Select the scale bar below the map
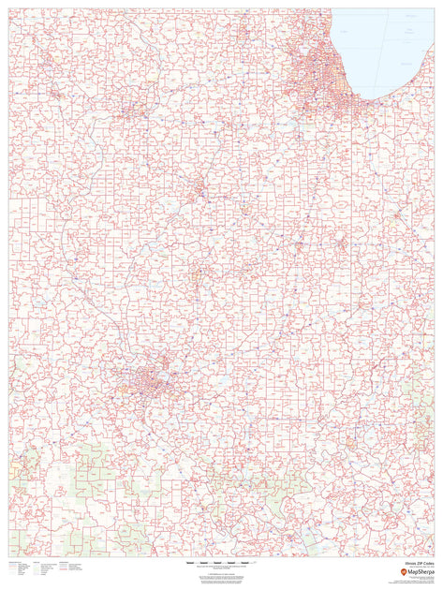pyautogui.click(x=222, y=562)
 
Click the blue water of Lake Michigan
pyautogui.click(x=384, y=47)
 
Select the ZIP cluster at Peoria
pyautogui.click(x=199, y=187)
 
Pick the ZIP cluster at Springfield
pyautogui.click(x=199, y=277)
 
